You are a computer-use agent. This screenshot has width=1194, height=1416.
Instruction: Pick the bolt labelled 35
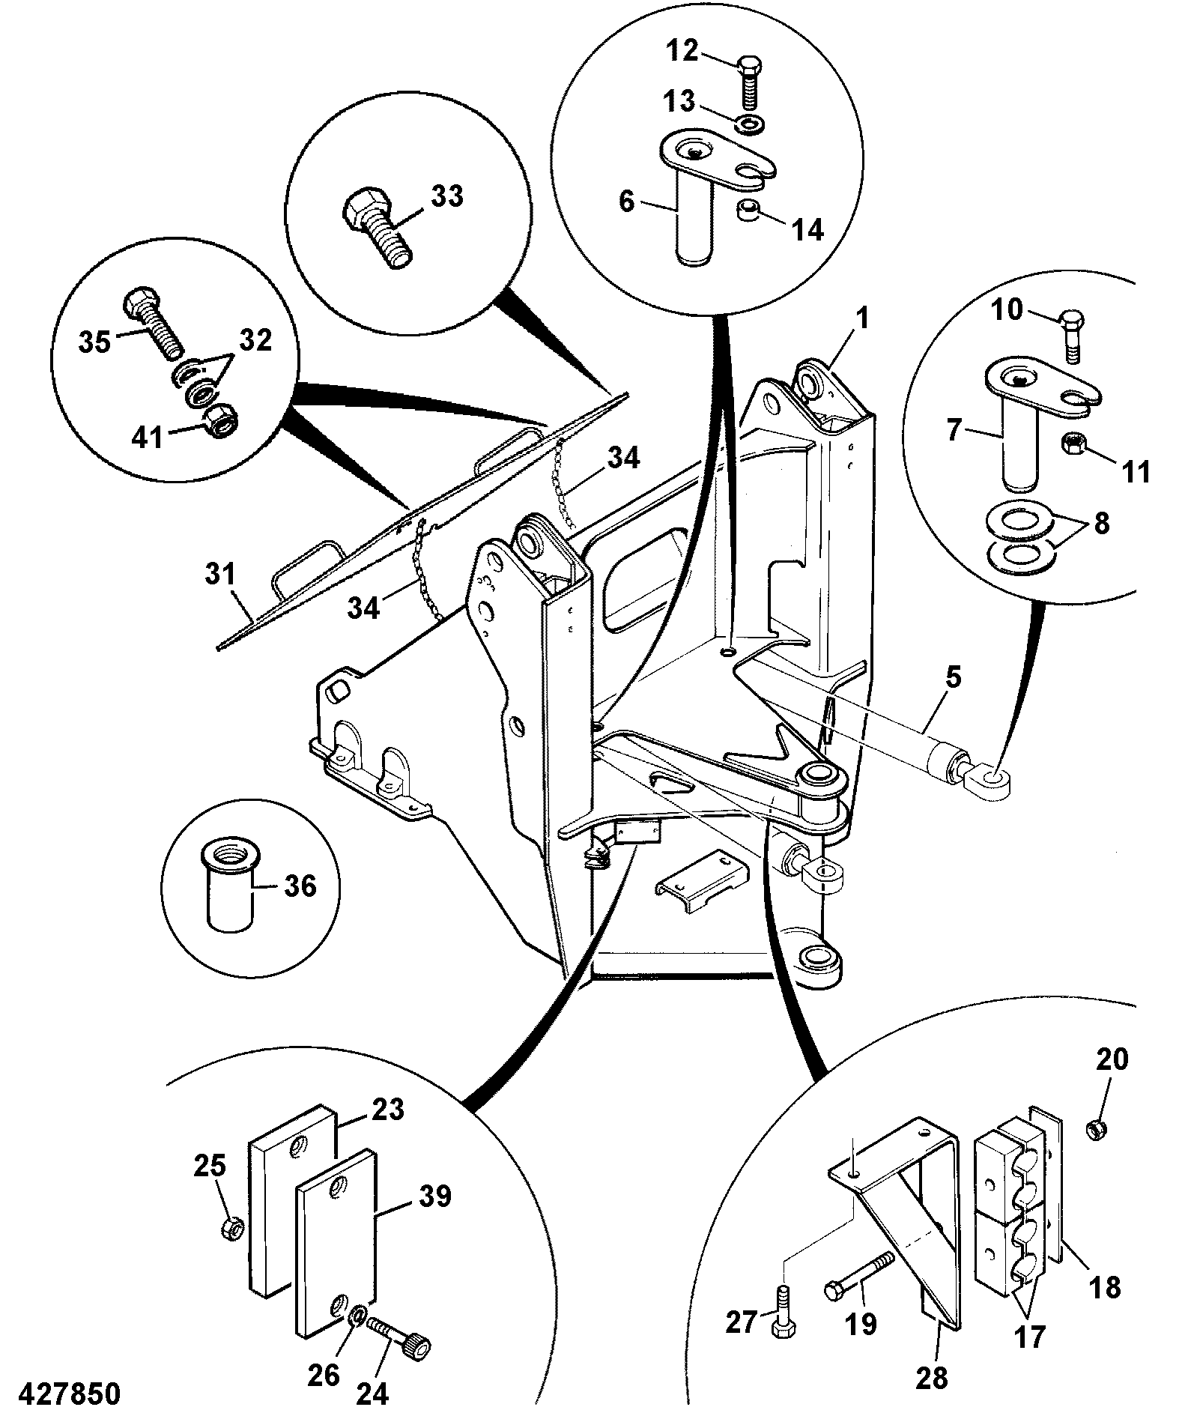(x=154, y=321)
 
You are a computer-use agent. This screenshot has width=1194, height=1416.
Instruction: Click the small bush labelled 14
(x=748, y=214)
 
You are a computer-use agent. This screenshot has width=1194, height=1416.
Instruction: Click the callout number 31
(x=220, y=576)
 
